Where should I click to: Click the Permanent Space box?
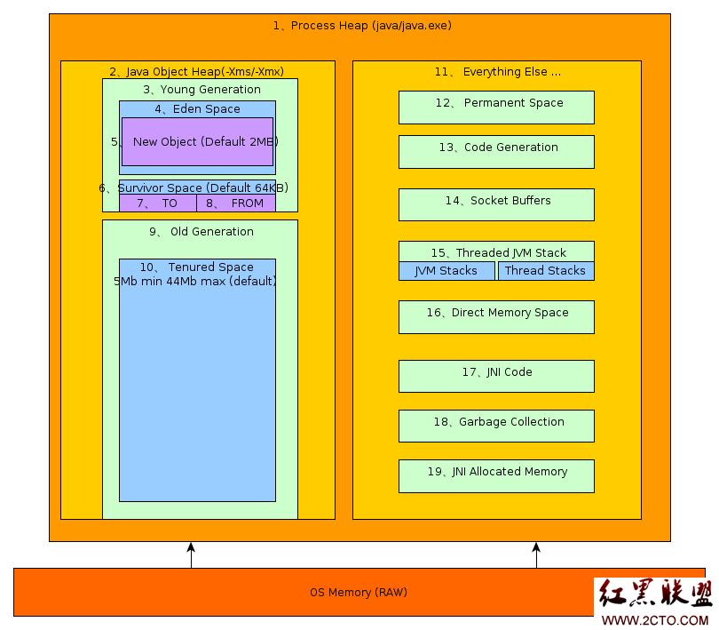tap(496, 108)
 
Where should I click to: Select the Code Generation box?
tap(496, 152)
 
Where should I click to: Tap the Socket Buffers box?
tap(496, 204)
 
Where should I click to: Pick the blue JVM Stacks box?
tap(447, 271)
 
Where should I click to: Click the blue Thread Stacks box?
tap(546, 271)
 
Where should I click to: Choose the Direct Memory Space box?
tap(496, 317)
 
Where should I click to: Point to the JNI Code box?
tap(496, 377)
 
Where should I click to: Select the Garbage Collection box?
tap(496, 427)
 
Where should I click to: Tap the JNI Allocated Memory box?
tap(496, 476)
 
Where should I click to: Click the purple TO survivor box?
tap(158, 203)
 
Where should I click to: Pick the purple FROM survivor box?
tap(236, 203)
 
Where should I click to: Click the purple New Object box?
tap(198, 142)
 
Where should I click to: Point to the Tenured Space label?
tap(197, 267)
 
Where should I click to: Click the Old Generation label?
tap(201, 231)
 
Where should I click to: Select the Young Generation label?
tap(201, 90)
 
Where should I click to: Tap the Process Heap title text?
tap(362, 26)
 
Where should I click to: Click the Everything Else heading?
tap(498, 72)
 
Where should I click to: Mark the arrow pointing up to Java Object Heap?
tap(191, 555)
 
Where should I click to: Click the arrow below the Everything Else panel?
tap(536, 555)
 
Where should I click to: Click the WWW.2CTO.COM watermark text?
tap(655, 620)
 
